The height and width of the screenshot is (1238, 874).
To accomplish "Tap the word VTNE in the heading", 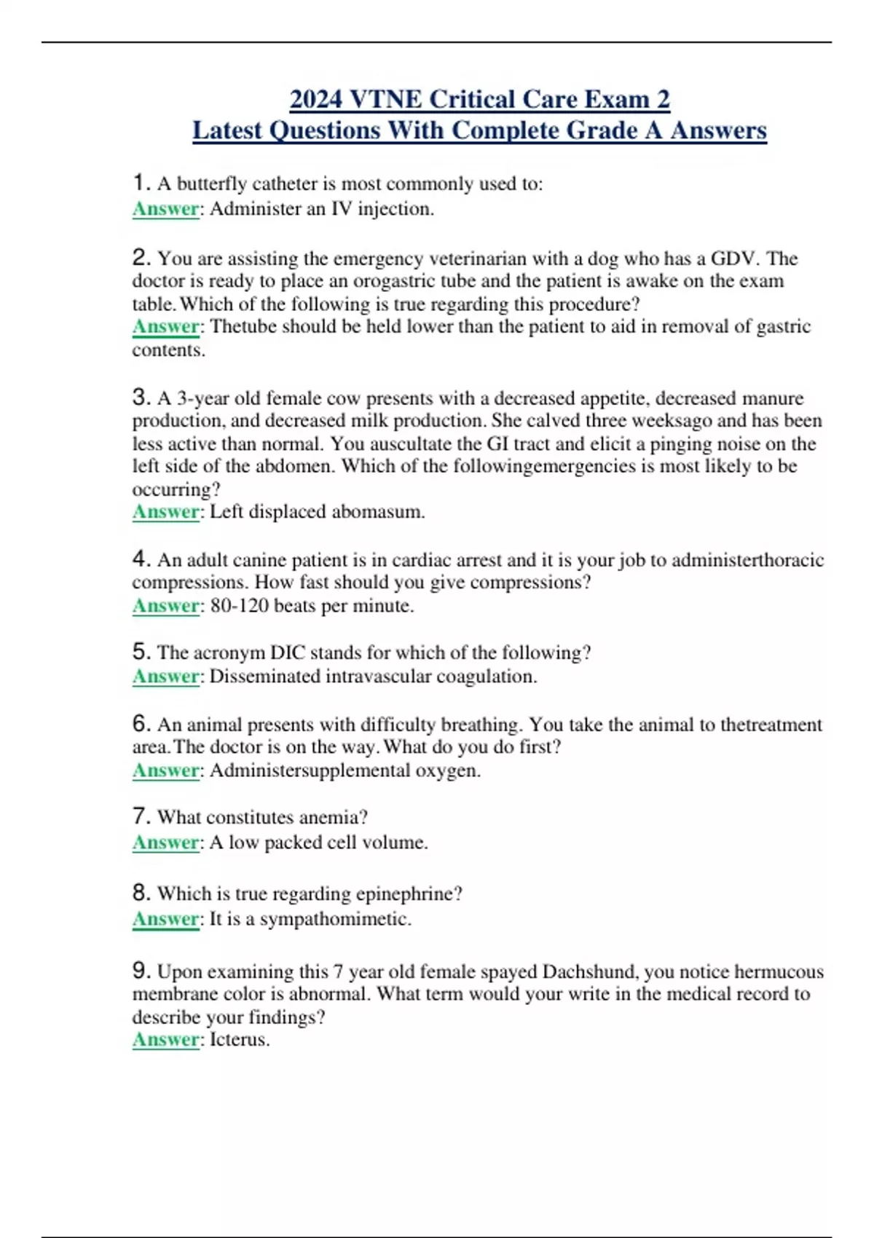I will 386,99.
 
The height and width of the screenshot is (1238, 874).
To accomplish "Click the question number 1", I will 141,182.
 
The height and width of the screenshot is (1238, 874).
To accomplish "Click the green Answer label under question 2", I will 165,327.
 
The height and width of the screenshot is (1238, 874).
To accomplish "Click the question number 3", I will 141,397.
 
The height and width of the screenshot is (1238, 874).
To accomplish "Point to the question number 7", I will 141,816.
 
